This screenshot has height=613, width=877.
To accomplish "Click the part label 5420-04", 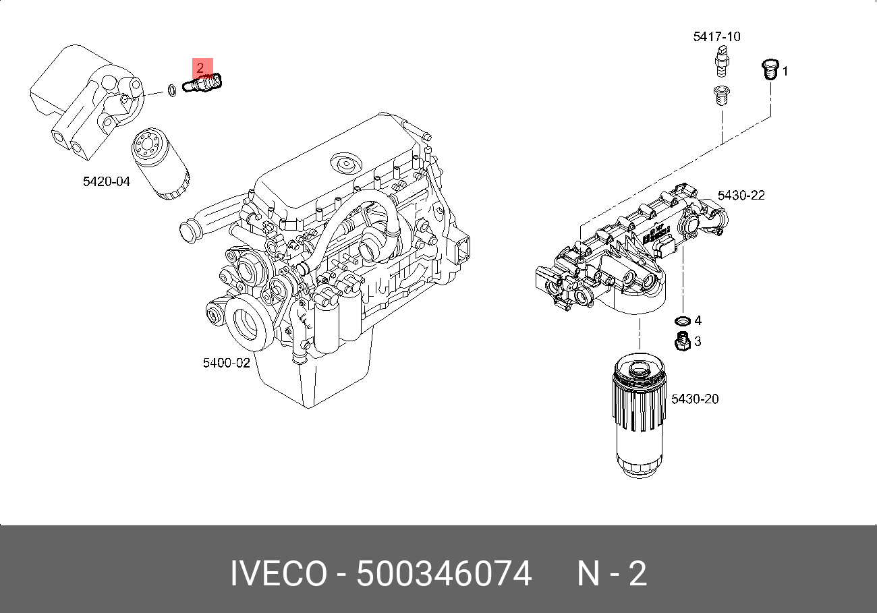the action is [106, 181].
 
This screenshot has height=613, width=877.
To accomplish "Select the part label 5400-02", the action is [227, 363].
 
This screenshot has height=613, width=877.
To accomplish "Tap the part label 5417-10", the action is [716, 36].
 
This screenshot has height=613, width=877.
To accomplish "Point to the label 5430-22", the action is [741, 196].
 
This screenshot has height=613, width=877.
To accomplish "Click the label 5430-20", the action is [695, 399].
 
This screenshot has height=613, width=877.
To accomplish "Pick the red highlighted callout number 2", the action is [200, 67].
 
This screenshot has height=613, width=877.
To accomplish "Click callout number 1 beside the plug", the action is [785, 71].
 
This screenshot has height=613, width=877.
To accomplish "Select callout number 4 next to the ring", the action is [698, 320].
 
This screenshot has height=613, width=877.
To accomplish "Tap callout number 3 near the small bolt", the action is [698, 342].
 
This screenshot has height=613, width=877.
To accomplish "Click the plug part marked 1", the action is [768, 69].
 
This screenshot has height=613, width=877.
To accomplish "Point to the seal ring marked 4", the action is [682, 320].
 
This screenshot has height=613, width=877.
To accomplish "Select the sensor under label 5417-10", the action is [723, 62].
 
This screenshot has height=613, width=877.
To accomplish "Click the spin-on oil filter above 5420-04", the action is [160, 164].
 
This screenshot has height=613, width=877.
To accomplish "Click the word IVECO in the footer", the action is [277, 575].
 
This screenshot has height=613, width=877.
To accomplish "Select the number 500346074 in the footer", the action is [444, 575].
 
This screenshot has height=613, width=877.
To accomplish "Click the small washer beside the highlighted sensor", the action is [172, 88].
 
